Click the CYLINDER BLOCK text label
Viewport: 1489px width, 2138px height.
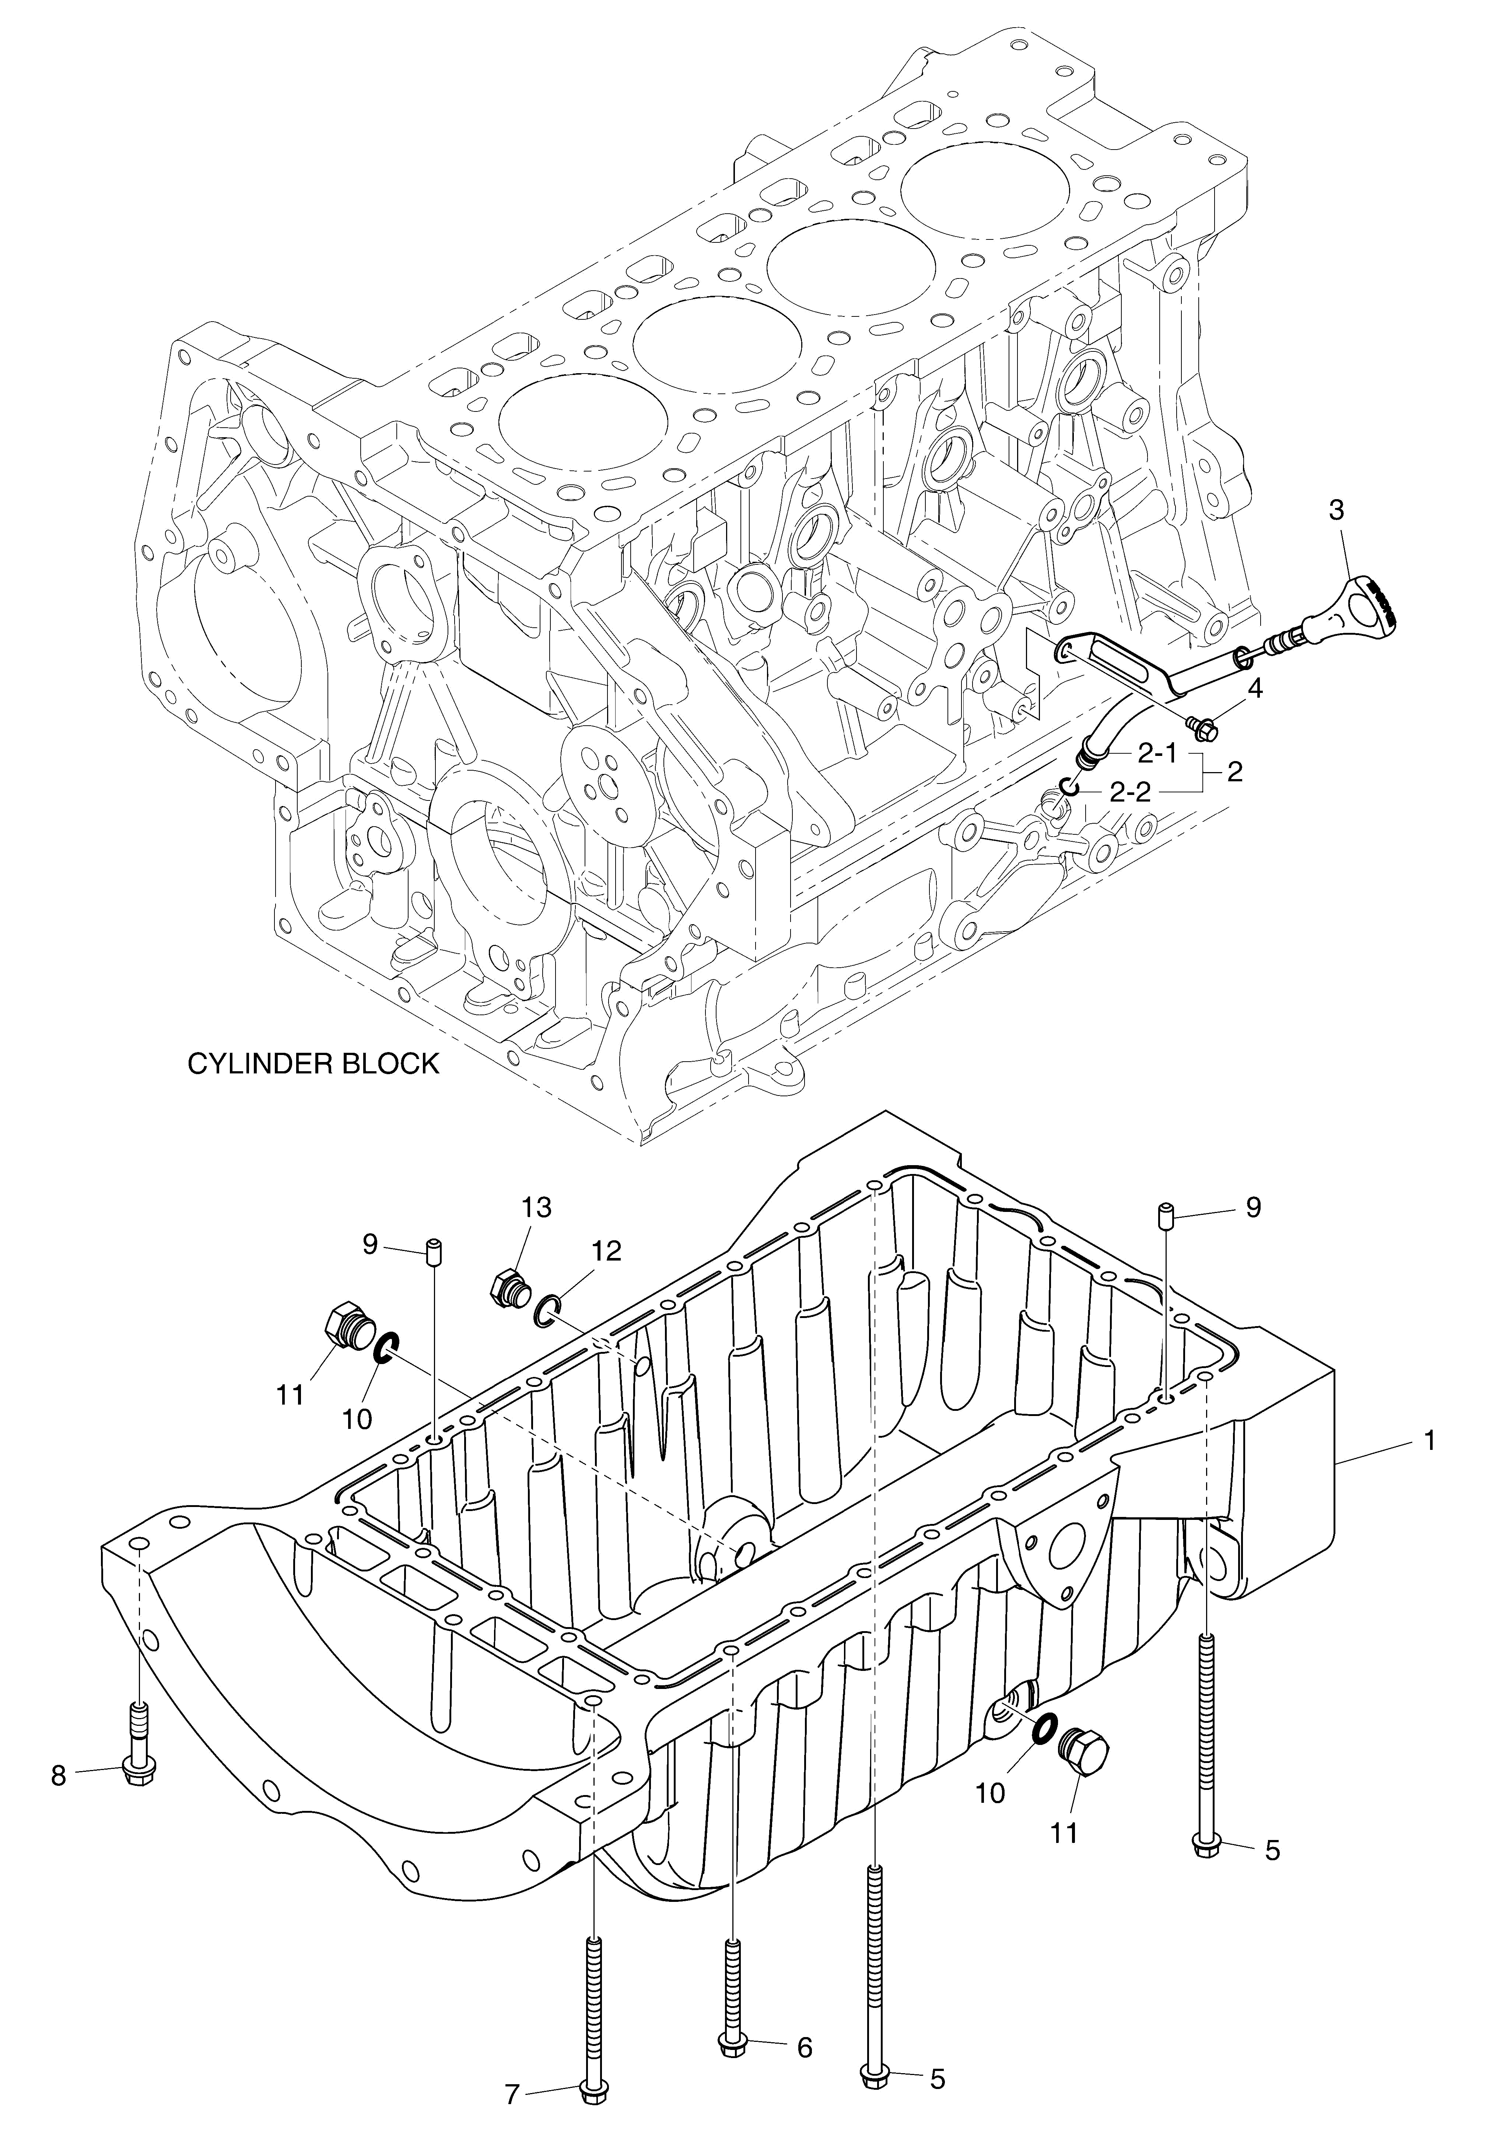point(313,1063)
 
